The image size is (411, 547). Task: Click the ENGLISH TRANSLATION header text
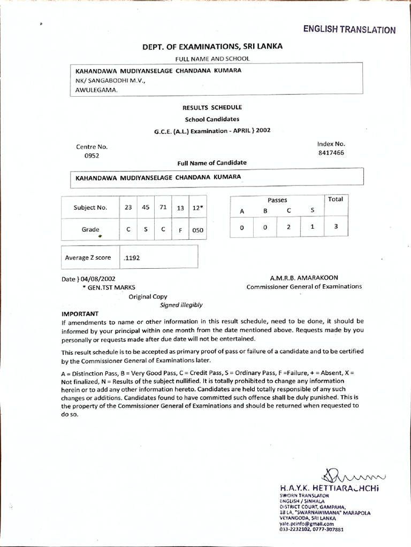[349, 30]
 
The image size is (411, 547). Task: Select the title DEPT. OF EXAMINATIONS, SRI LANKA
[212, 46]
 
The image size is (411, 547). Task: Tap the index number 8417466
[331, 153]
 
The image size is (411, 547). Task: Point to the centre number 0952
[92, 156]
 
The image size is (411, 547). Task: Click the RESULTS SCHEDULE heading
[212, 107]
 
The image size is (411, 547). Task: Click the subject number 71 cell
[162, 208]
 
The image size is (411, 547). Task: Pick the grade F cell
[180, 230]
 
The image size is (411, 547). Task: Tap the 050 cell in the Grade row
[198, 230]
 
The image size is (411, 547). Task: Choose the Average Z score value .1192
[132, 257]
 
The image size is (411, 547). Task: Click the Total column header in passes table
[336, 199]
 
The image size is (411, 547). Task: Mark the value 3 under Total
[336, 226]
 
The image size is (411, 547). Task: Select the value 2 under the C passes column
[288, 226]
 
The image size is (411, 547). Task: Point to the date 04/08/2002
[97, 279]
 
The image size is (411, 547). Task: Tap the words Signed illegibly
[181, 305]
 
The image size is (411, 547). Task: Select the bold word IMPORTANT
[80, 314]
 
